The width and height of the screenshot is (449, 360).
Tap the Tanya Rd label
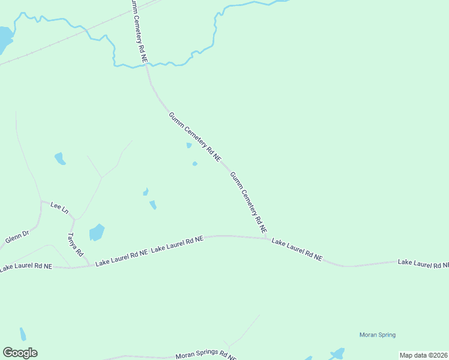75,245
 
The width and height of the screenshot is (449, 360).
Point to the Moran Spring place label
377,335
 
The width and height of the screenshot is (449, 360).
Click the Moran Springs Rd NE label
206,355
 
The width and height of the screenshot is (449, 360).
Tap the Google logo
20,353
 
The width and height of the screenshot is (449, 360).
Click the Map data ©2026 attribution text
423,355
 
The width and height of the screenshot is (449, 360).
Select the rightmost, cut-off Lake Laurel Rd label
423,263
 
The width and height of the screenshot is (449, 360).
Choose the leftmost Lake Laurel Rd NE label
26,266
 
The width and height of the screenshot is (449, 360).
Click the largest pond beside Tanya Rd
96,232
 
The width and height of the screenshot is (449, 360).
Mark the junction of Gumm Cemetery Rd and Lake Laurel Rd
267,238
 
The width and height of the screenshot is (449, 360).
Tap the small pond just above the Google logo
23,334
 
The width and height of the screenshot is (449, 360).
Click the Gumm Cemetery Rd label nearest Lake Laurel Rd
249,202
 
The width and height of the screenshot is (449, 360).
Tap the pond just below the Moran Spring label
338,353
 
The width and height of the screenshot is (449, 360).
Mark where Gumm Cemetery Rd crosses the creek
146,65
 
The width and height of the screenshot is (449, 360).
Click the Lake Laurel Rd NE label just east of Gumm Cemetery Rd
297,249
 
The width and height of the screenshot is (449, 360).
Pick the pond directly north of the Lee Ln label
59,158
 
